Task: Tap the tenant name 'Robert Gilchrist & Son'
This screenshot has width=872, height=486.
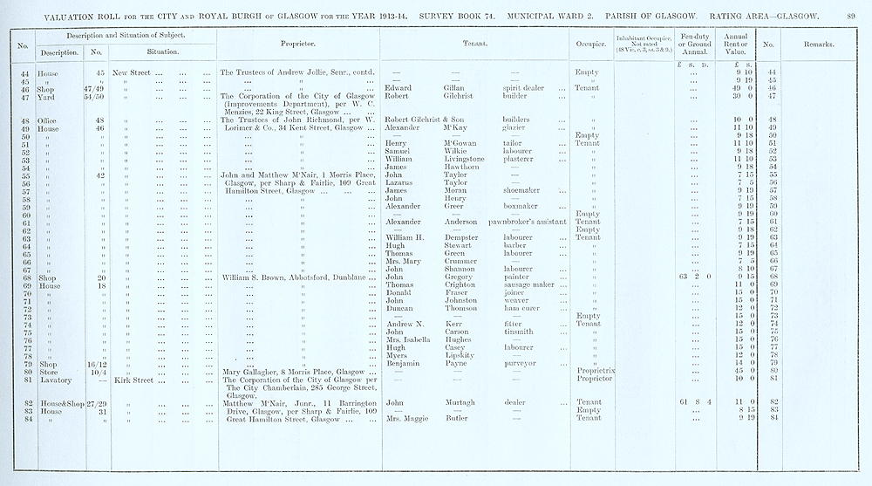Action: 432,119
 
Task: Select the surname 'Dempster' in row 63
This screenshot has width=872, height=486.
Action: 462,237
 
